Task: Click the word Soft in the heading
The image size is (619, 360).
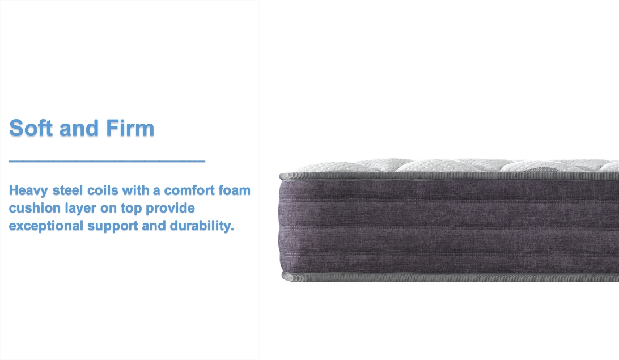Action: [31, 128]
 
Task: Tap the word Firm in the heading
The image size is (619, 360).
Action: [130, 128]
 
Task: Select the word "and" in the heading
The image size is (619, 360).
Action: [79, 128]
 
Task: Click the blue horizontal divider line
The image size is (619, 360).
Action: [107, 161]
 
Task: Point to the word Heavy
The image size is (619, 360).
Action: [28, 190]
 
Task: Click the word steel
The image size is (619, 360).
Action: [68, 190]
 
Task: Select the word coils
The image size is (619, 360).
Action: [103, 190]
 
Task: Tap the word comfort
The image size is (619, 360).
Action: [189, 190]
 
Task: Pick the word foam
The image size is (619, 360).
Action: [235, 190]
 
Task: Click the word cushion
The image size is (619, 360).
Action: [35, 208]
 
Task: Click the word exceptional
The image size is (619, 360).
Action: [46, 226]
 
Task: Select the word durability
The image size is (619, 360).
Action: [202, 226]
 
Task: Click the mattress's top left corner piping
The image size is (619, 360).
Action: [282, 176]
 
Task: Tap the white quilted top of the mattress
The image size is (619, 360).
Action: [454, 166]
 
